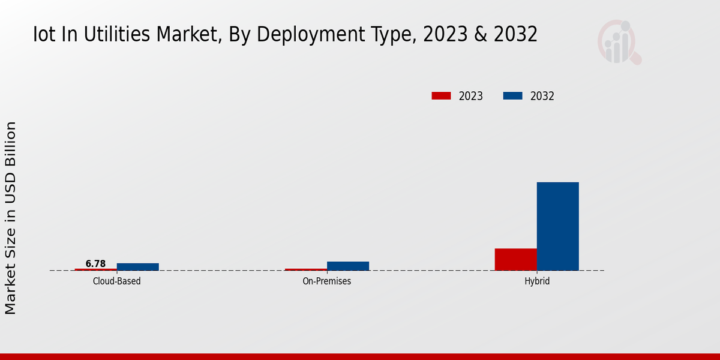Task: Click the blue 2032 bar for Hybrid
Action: (x=557, y=226)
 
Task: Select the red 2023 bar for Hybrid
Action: (x=515, y=259)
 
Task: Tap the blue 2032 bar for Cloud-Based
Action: (x=137, y=266)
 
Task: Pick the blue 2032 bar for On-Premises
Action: (x=347, y=266)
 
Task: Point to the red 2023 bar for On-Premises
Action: (x=306, y=269)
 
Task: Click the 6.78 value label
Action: (x=95, y=263)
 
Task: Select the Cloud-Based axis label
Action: (x=117, y=281)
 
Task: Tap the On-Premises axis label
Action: (x=327, y=281)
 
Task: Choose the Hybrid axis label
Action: (x=537, y=281)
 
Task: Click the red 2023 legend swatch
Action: (x=441, y=96)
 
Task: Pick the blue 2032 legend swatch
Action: (x=512, y=96)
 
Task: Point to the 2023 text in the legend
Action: (x=471, y=96)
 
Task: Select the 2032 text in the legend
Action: (x=542, y=96)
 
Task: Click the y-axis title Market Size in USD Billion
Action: (x=11, y=218)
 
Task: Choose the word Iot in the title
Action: (x=45, y=35)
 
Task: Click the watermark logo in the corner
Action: (x=619, y=42)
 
